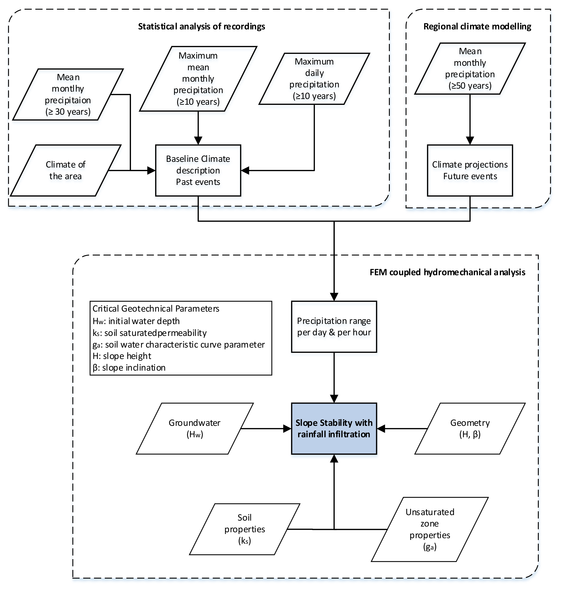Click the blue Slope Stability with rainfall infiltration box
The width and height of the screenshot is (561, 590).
click(334, 429)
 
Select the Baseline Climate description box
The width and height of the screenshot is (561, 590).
click(198, 170)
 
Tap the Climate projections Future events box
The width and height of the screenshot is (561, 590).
click(470, 170)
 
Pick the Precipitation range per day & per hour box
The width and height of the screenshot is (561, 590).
click(334, 326)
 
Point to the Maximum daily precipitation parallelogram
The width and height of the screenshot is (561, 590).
click(314, 79)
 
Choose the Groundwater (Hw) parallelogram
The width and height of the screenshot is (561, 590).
click(195, 429)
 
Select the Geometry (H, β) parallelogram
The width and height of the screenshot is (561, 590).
click(470, 429)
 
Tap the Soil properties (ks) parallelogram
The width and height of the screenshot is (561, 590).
click(245, 529)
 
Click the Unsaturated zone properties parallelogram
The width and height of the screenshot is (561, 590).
click(430, 529)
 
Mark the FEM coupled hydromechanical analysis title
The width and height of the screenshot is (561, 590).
click(447, 272)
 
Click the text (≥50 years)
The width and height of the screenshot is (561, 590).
click(470, 86)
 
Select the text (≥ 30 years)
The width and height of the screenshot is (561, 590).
click(68, 112)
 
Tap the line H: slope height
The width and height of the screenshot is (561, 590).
click(122, 356)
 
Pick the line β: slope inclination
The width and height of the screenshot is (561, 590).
click(129, 368)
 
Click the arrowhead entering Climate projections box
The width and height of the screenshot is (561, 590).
click(470, 140)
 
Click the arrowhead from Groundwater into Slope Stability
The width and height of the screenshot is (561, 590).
click(287, 429)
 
